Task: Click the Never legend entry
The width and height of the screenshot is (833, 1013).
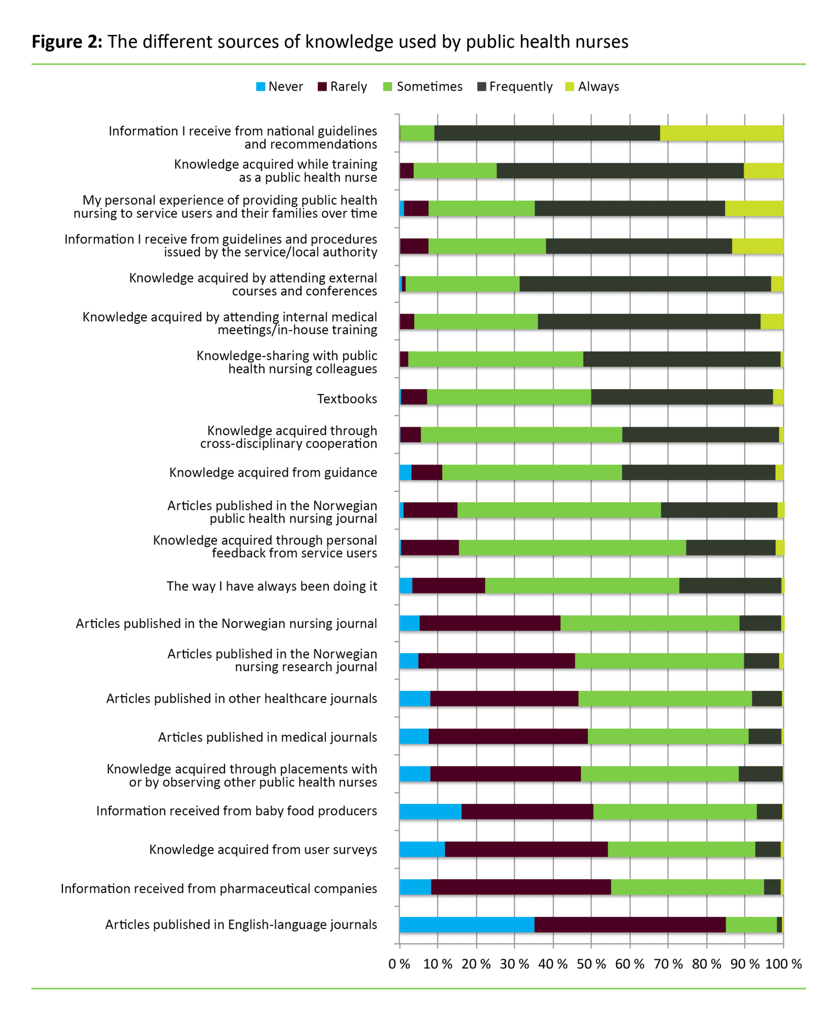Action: [280, 87]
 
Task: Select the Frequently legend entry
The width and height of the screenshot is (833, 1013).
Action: [515, 87]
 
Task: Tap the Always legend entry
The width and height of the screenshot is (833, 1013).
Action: [592, 87]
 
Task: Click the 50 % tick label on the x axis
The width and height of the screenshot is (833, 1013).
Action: [591, 964]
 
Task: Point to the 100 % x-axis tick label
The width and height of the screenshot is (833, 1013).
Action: [783, 964]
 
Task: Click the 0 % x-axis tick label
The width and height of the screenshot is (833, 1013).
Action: [399, 964]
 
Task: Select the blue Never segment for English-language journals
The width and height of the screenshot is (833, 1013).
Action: [467, 924]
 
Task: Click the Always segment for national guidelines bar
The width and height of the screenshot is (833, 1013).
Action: [722, 133]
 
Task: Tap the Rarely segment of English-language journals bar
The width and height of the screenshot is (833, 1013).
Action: [630, 924]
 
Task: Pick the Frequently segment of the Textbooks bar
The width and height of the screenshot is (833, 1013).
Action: [682, 397]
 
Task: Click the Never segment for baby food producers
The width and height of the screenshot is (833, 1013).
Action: [431, 811]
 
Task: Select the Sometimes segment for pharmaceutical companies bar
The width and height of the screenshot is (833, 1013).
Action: [687, 887]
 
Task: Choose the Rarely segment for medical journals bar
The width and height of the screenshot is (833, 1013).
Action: [508, 736]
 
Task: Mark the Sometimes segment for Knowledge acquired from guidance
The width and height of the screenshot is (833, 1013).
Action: [532, 473]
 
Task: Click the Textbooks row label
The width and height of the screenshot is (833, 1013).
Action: [347, 399]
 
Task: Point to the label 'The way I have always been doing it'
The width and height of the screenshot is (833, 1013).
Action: [272, 587]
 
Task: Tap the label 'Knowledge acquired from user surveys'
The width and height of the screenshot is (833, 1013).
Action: [263, 850]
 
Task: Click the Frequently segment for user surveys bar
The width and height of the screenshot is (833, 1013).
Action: [768, 849]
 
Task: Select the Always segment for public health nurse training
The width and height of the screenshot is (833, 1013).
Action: [764, 171]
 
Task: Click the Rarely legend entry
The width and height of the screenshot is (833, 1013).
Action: [343, 87]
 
